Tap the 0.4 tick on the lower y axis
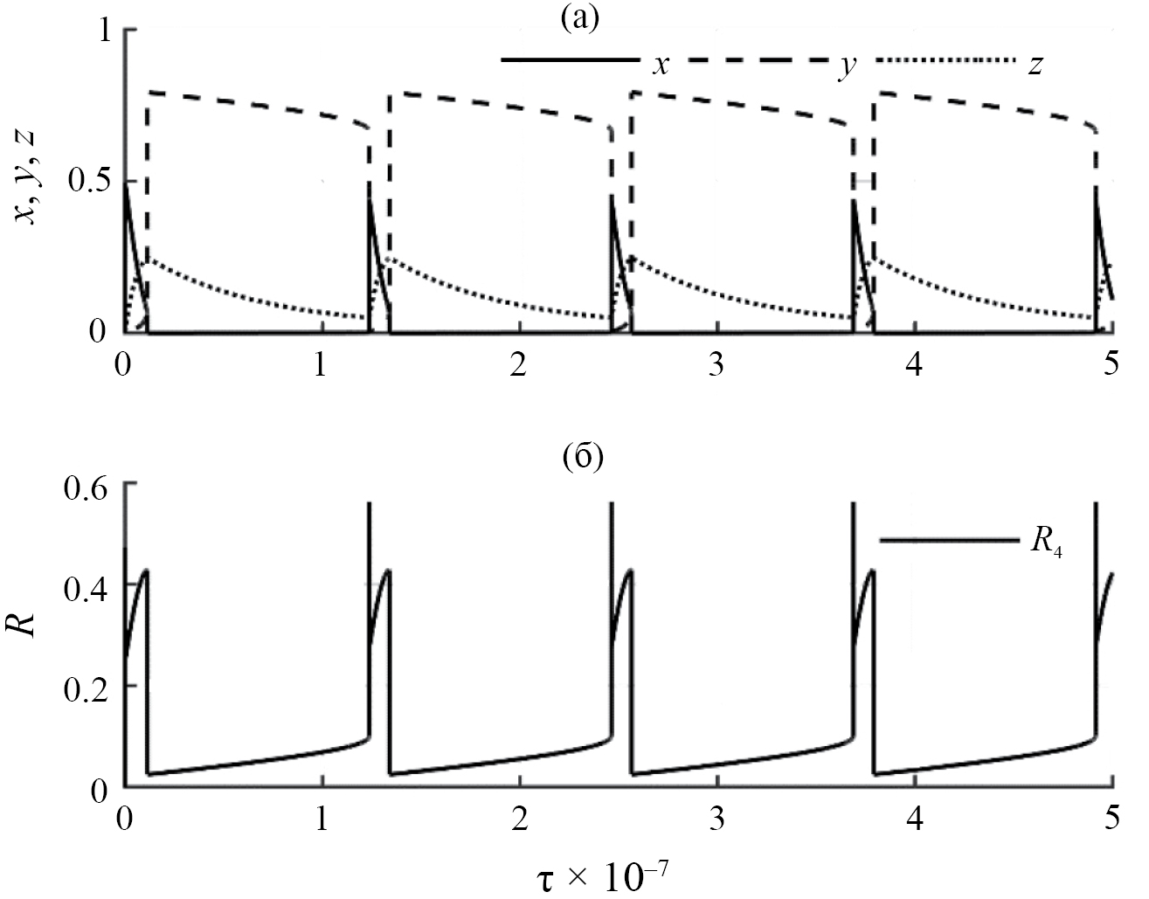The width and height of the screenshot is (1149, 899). tap(88, 584)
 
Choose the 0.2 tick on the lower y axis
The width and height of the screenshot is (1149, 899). tap(88, 687)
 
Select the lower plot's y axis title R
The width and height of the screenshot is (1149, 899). tap(31, 628)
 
